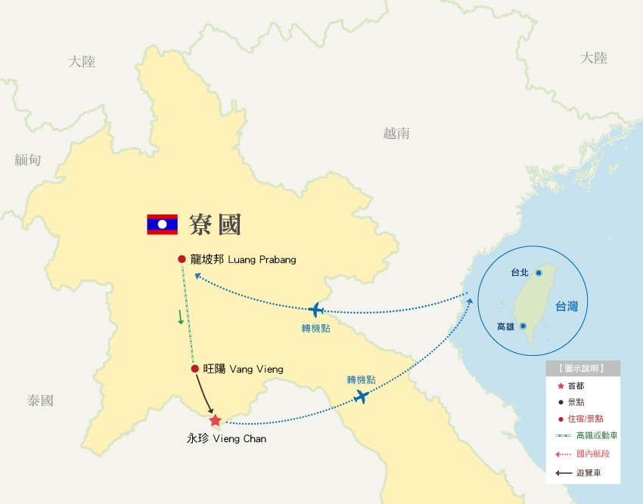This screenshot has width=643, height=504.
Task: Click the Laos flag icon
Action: point(162,224)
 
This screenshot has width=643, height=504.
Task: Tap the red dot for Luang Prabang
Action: point(182,259)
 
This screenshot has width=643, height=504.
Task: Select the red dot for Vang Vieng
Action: point(195,369)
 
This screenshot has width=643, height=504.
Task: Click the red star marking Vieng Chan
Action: point(216,420)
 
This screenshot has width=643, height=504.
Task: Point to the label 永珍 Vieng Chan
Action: point(226,438)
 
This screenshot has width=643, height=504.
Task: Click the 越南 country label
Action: point(396,134)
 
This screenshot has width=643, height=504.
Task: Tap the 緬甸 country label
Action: point(28,159)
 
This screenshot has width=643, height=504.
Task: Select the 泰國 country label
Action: point(40,400)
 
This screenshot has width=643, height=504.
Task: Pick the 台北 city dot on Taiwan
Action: point(539,273)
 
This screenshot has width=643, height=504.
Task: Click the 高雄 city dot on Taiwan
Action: point(523,326)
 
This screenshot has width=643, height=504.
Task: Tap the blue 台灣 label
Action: point(567,306)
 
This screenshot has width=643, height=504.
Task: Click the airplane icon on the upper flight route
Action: point(316,310)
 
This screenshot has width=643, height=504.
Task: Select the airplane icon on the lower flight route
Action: point(362,396)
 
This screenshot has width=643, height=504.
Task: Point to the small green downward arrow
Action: point(181,317)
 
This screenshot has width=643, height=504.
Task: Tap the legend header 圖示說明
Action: point(582,369)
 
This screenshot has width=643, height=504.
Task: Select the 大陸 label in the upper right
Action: point(594,58)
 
